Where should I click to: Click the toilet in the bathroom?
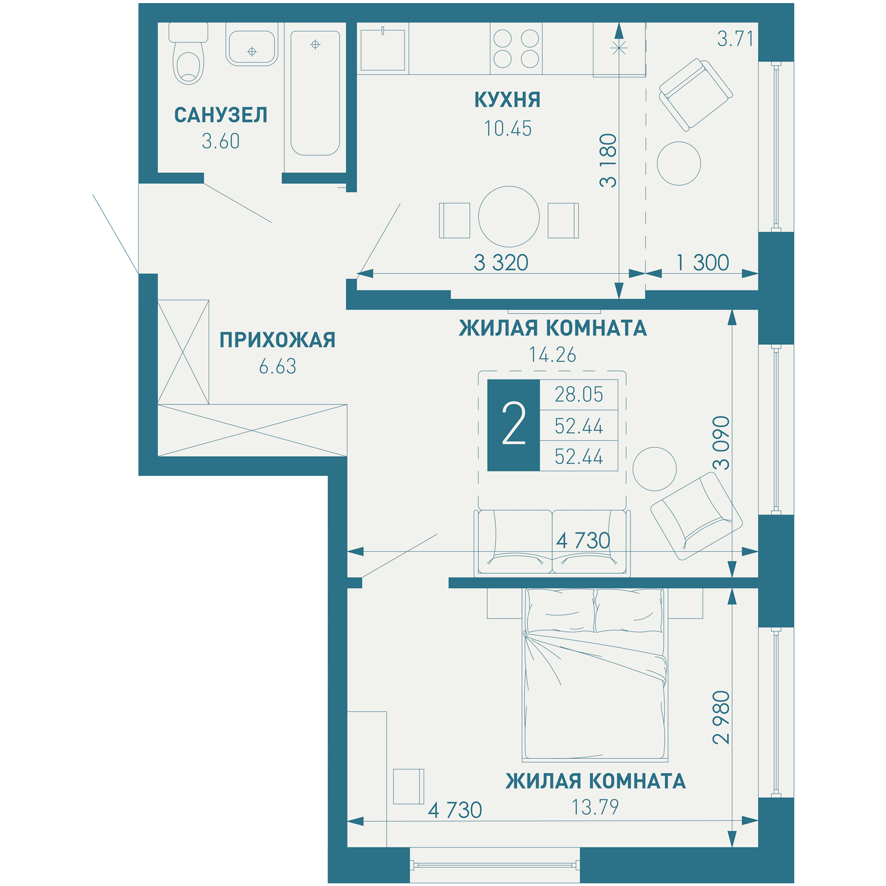(x=188, y=54)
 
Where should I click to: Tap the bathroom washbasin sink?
(x=252, y=44)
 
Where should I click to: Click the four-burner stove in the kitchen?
(x=516, y=49)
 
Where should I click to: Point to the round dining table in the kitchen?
(x=509, y=217)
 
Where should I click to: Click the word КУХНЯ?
(x=507, y=100)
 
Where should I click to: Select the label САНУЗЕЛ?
(x=221, y=115)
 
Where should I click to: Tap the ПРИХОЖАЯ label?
(x=277, y=340)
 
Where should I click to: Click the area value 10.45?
(x=508, y=129)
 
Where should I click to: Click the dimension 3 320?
(x=501, y=263)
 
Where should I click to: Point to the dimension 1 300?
(x=703, y=263)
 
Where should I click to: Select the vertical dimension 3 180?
(x=608, y=160)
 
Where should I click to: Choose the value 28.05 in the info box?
(x=579, y=394)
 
